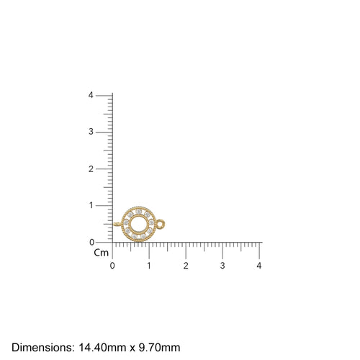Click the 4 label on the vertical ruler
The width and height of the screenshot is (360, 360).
click(90, 95)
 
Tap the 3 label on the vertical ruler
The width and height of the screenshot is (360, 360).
click(90, 132)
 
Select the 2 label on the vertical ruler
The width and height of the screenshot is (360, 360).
click(90, 168)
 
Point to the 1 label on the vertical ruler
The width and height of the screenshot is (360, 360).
click(90, 205)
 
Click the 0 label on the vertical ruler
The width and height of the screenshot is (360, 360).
click(90, 242)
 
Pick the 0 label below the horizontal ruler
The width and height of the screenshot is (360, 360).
click(112, 266)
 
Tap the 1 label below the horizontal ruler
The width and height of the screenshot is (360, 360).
click(149, 266)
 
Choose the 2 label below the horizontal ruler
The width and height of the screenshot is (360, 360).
click(186, 266)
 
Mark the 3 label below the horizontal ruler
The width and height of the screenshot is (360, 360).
click(222, 266)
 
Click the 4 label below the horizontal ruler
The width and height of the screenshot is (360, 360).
click(259, 266)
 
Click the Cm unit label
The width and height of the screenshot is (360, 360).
click(101, 253)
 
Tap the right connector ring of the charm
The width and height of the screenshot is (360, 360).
click(161, 224)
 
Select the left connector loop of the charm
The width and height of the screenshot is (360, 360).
click(117, 225)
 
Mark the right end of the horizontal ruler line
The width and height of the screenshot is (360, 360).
click(261, 243)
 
